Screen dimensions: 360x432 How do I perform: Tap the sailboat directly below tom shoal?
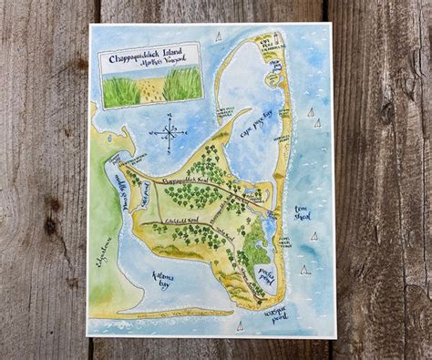click(314, 234)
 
